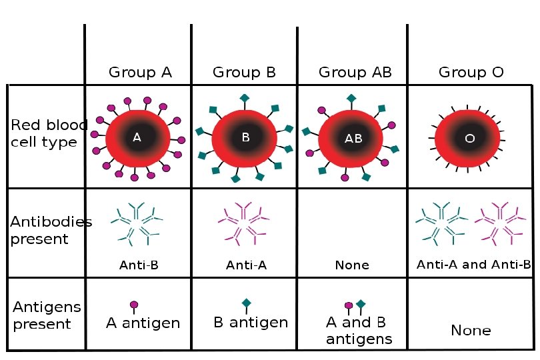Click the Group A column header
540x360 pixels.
(140, 72)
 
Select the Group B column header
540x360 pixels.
(244, 72)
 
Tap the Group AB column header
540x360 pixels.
(353, 72)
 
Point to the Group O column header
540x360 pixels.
(471, 72)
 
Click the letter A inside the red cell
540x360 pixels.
(137, 138)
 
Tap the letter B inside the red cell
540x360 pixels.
(245, 138)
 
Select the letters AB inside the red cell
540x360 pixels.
(353, 139)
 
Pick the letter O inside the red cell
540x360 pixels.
(469, 139)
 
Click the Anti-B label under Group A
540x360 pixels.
(139, 265)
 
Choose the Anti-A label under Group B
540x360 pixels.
(246, 265)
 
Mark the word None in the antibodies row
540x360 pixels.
(353, 265)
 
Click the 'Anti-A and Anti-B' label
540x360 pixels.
(473, 265)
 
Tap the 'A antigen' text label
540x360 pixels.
(143, 323)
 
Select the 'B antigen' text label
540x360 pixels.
(251, 323)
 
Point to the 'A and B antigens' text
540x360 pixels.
(359, 331)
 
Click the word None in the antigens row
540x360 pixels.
(471, 330)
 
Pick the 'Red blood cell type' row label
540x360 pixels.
(43, 133)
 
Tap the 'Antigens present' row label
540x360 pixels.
(43, 315)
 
